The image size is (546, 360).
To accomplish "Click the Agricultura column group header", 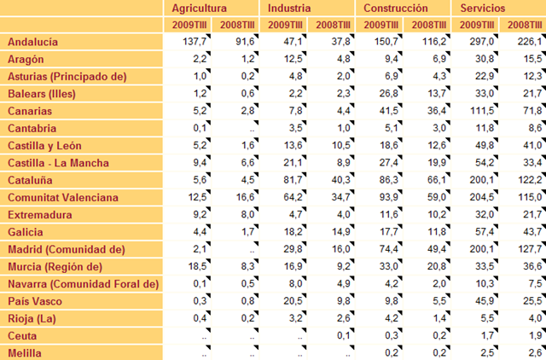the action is [199, 8].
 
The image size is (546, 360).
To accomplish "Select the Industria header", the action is [289, 8].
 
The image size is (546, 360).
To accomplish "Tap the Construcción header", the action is [396, 8].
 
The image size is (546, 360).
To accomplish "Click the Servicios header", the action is [483, 8].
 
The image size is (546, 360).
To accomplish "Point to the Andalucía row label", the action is [32, 42].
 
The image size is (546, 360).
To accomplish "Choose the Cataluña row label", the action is [30, 180].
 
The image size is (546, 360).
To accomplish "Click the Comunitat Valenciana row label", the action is [63, 197].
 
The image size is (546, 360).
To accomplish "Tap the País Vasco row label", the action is [35, 301].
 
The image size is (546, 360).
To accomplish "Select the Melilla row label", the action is [25, 353].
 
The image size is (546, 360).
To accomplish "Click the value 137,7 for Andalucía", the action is [195, 42].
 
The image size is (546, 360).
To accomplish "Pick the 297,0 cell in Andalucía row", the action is [482, 42].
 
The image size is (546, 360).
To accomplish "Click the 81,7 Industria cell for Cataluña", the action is [293, 180].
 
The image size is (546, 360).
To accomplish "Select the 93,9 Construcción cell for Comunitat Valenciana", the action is [389, 197].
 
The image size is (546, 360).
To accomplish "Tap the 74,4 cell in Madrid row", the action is [389, 249].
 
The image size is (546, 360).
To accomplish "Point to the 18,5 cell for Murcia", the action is [197, 267].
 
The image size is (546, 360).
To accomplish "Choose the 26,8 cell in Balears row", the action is [389, 94].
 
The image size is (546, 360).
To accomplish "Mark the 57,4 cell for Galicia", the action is [485, 232].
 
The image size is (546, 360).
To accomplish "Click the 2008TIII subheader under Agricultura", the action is [237, 25].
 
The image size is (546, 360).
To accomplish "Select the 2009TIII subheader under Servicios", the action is [477, 25].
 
